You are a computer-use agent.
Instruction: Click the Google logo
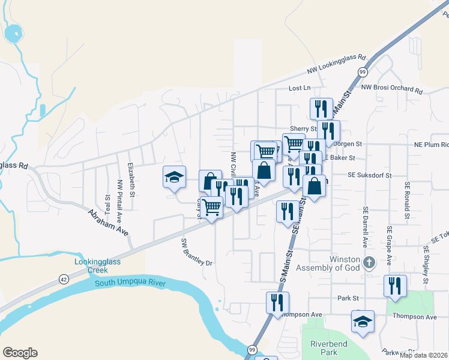(x=20, y=353)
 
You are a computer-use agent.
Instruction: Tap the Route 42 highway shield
(x=64, y=278)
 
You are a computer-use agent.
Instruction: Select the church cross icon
(x=370, y=262)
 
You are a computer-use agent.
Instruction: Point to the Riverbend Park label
(x=325, y=348)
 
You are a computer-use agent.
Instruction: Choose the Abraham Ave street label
(x=109, y=223)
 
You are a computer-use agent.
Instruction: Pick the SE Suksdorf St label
(x=369, y=175)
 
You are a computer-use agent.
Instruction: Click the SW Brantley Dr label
(x=197, y=251)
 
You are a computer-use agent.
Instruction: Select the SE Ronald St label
(x=407, y=200)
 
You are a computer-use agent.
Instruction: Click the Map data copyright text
(x=423, y=355)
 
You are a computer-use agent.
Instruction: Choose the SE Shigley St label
(x=426, y=264)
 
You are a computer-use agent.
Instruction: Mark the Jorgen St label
(x=348, y=144)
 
